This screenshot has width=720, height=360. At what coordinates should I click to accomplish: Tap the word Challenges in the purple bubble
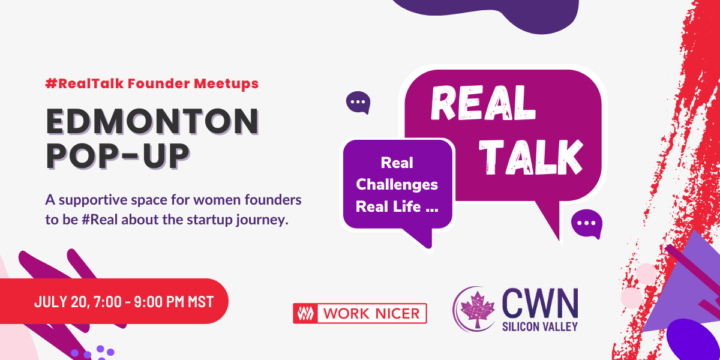click(397, 185)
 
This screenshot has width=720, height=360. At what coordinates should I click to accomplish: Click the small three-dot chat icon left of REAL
click(358, 103)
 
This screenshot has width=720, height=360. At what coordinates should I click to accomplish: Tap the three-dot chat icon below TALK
click(586, 224)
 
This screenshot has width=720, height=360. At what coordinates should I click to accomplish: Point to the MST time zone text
click(199, 301)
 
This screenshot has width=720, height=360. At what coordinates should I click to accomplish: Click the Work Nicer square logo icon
click(305, 313)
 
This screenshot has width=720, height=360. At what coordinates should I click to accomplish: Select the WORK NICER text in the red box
click(370, 313)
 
